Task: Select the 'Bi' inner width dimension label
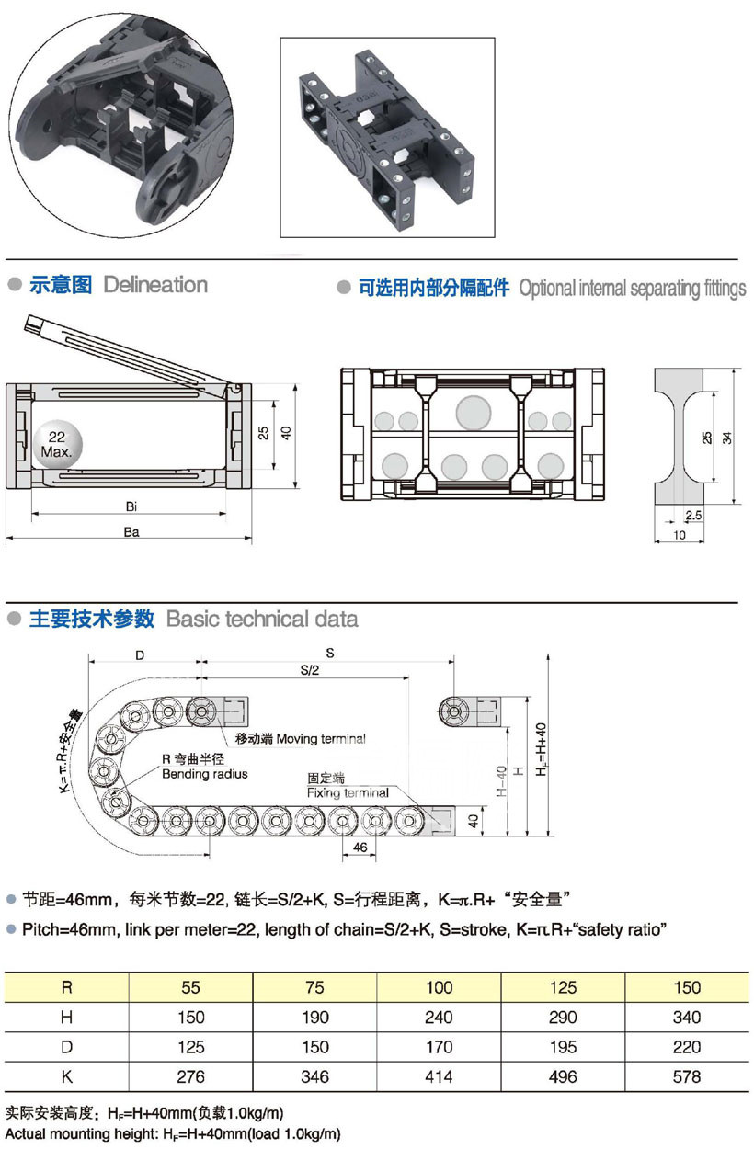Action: click(x=131, y=506)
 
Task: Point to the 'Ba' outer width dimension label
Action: click(x=131, y=531)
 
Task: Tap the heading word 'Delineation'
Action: click(x=155, y=285)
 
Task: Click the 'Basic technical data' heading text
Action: click(x=262, y=619)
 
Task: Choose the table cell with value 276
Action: click(x=190, y=1076)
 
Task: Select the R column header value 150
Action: click(x=687, y=987)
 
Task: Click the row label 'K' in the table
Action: click(x=66, y=1076)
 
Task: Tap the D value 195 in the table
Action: click(x=563, y=1047)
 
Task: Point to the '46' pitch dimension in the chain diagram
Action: click(x=360, y=846)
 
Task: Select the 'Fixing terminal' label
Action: click(x=348, y=792)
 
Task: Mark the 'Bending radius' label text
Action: click(x=204, y=775)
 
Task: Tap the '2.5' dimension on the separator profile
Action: click(x=693, y=517)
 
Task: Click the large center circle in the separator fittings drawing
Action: click(x=474, y=411)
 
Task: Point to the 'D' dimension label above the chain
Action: click(x=140, y=655)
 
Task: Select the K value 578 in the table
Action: click(x=687, y=1076)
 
